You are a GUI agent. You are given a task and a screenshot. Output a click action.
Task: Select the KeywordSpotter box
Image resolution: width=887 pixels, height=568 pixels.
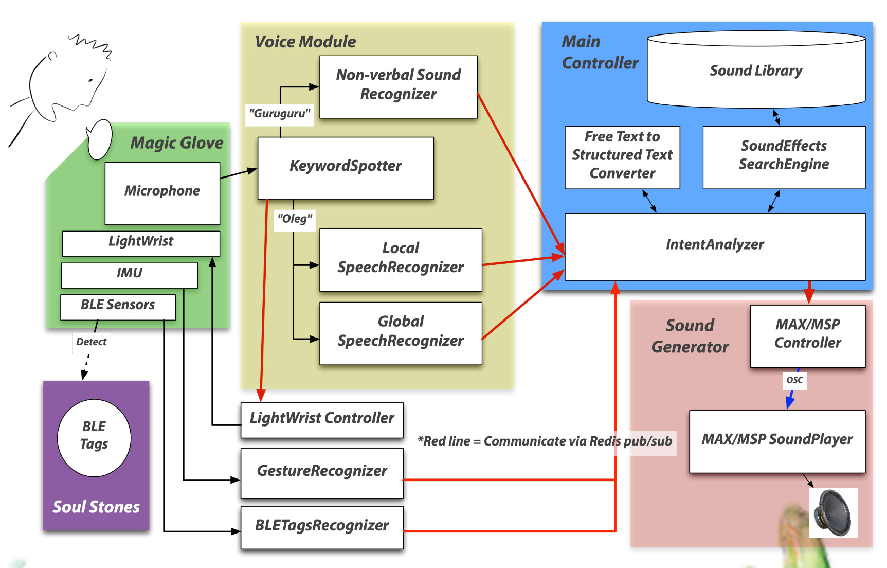[346, 168]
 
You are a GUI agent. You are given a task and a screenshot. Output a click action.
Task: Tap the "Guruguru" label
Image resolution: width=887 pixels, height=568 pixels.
[280, 113]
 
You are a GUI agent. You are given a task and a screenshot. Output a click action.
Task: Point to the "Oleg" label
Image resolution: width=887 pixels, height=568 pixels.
[295, 219]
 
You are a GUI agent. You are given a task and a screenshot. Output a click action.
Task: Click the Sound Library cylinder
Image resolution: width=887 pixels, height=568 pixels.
[756, 71]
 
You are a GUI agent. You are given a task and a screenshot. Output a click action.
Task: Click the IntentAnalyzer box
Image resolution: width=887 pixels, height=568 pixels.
[715, 246]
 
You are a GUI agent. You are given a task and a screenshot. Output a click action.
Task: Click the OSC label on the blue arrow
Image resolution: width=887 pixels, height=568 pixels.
[794, 380]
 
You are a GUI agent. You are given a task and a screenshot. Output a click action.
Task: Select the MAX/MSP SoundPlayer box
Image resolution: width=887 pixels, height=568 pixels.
[777, 441]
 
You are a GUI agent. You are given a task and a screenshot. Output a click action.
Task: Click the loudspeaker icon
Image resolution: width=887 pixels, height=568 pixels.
[833, 513]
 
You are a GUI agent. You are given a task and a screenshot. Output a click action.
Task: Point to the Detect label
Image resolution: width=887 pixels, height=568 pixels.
[92, 342]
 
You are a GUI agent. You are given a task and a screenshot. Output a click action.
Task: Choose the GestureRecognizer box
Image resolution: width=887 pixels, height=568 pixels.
[322, 472]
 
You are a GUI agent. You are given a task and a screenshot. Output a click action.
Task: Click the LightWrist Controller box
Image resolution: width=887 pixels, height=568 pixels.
[322, 419]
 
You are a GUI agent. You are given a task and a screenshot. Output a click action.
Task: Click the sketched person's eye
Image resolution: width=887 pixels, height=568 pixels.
[90, 81]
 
